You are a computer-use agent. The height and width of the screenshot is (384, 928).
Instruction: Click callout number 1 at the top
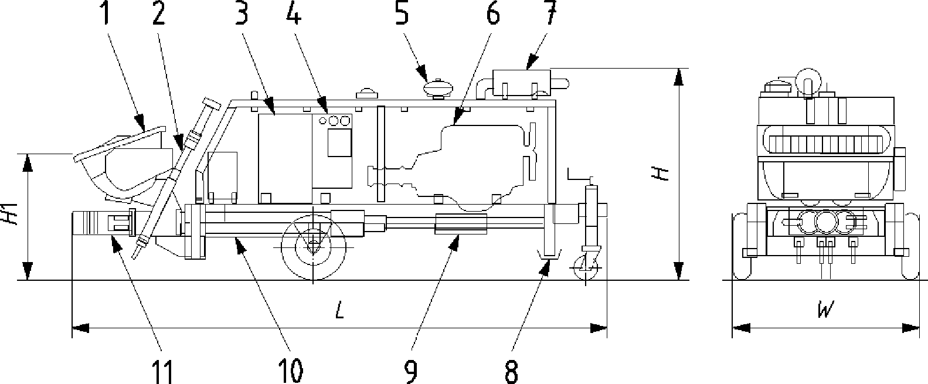tap(107, 12)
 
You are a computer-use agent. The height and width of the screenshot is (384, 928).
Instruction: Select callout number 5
tap(402, 12)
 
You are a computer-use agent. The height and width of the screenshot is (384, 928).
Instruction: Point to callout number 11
tap(162, 372)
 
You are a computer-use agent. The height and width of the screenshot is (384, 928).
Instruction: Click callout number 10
tap(290, 372)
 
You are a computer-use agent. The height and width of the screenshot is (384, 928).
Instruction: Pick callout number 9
tap(410, 372)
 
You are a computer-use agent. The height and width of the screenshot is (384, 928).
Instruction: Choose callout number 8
tap(512, 372)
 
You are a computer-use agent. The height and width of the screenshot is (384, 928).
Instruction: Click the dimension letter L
tap(339, 310)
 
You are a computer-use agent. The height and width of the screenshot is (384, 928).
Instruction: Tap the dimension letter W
tap(825, 309)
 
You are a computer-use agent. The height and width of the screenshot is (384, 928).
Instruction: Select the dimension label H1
tap(12, 214)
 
